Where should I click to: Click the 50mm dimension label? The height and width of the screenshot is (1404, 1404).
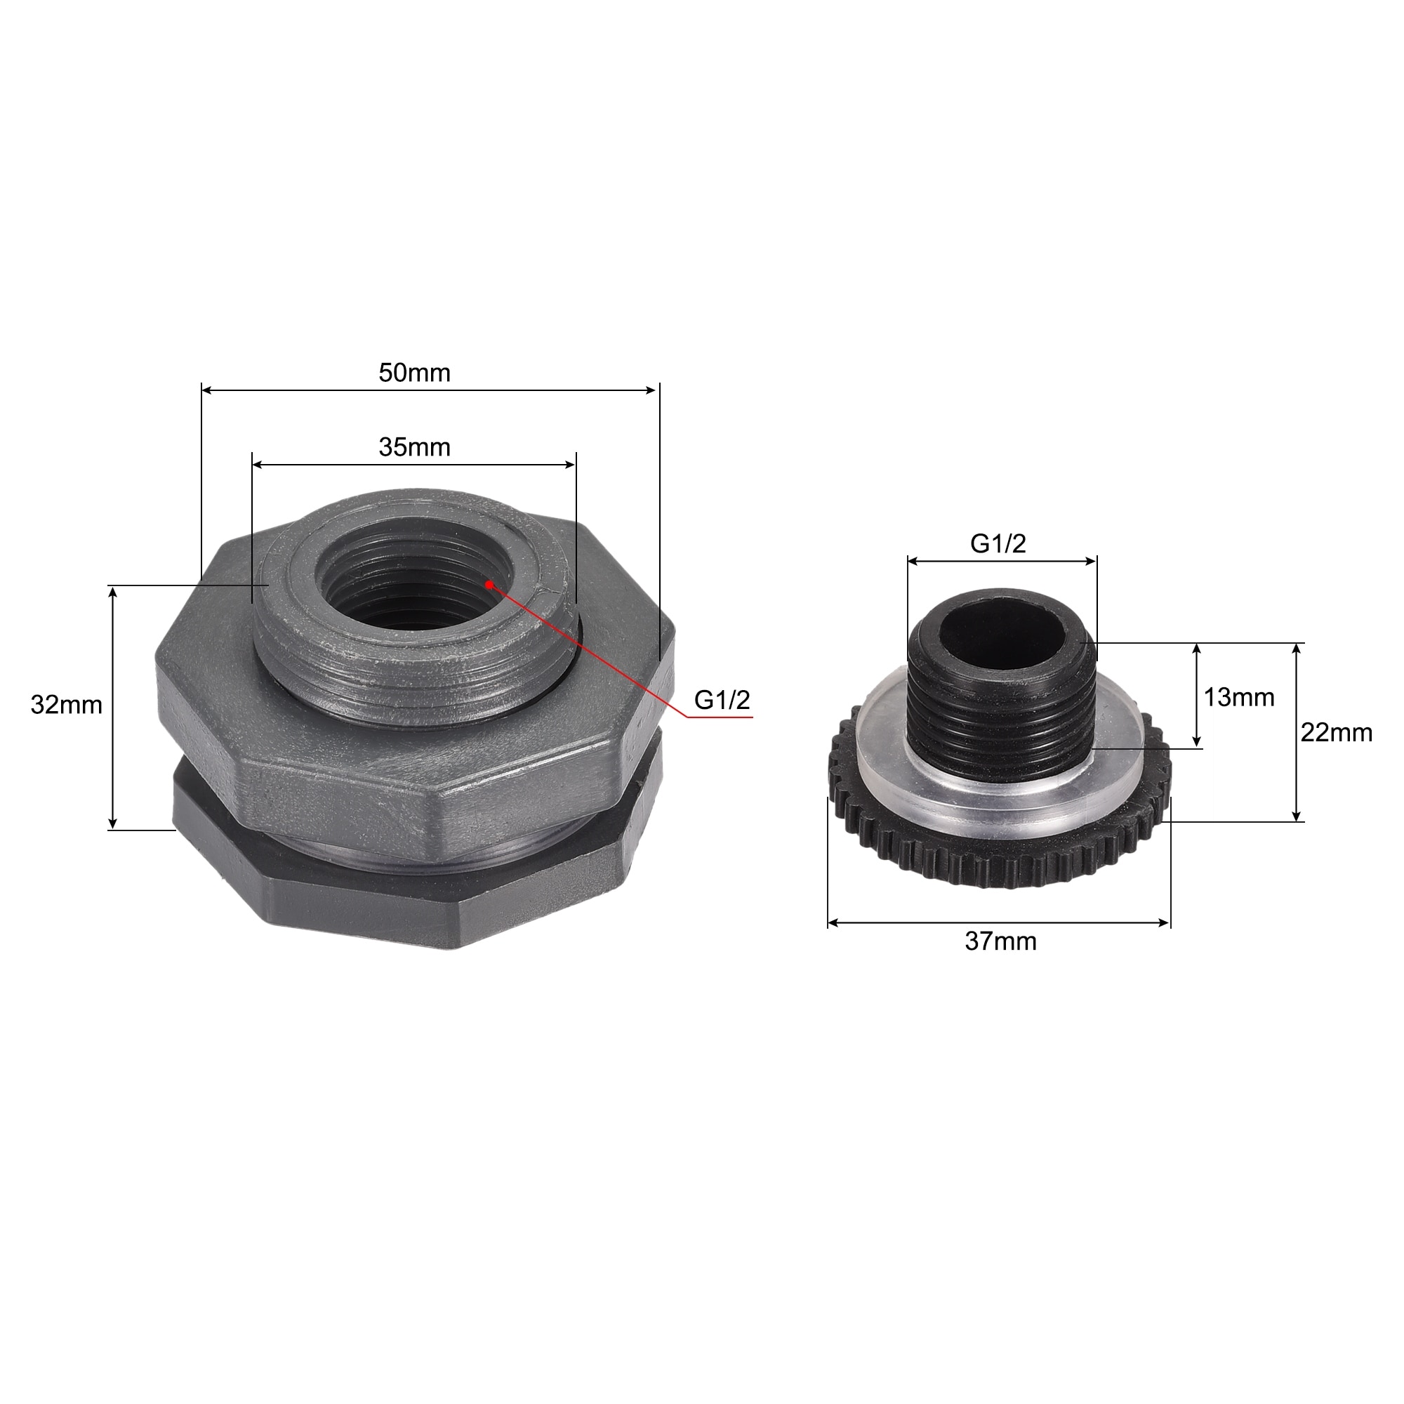414,373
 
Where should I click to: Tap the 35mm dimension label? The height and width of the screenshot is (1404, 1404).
414,447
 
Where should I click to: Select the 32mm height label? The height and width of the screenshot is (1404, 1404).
66,705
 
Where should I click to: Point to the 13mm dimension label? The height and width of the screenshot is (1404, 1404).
1239,698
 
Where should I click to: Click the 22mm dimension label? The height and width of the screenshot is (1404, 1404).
1337,732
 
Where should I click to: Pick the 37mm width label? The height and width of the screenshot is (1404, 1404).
1000,942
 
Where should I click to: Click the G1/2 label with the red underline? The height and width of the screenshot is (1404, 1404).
722,700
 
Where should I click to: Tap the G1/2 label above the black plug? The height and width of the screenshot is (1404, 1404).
998,543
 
